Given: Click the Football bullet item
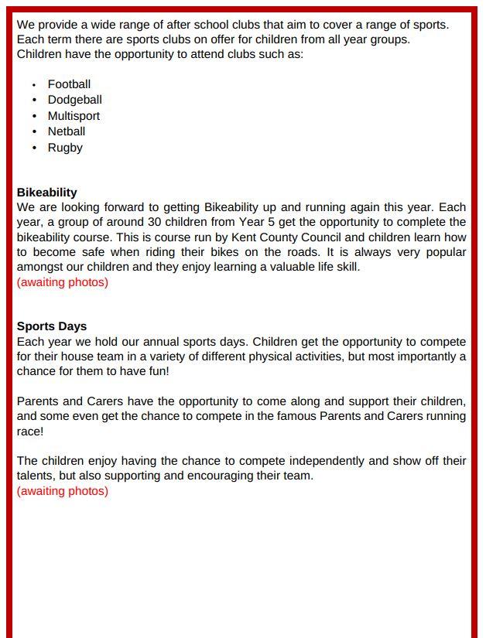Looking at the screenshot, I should coord(69,84).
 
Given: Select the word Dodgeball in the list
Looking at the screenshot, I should coord(74,100).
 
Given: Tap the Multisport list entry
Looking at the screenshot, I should coord(74,116).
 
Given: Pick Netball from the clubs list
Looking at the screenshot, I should coord(67,131).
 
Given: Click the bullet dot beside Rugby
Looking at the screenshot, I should coord(35,148).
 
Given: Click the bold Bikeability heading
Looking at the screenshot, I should coord(47,193).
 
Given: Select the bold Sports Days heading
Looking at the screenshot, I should coord(52,326).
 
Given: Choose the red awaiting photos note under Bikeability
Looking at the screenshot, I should coord(63,282).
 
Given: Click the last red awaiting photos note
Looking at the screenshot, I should coord(63,491).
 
